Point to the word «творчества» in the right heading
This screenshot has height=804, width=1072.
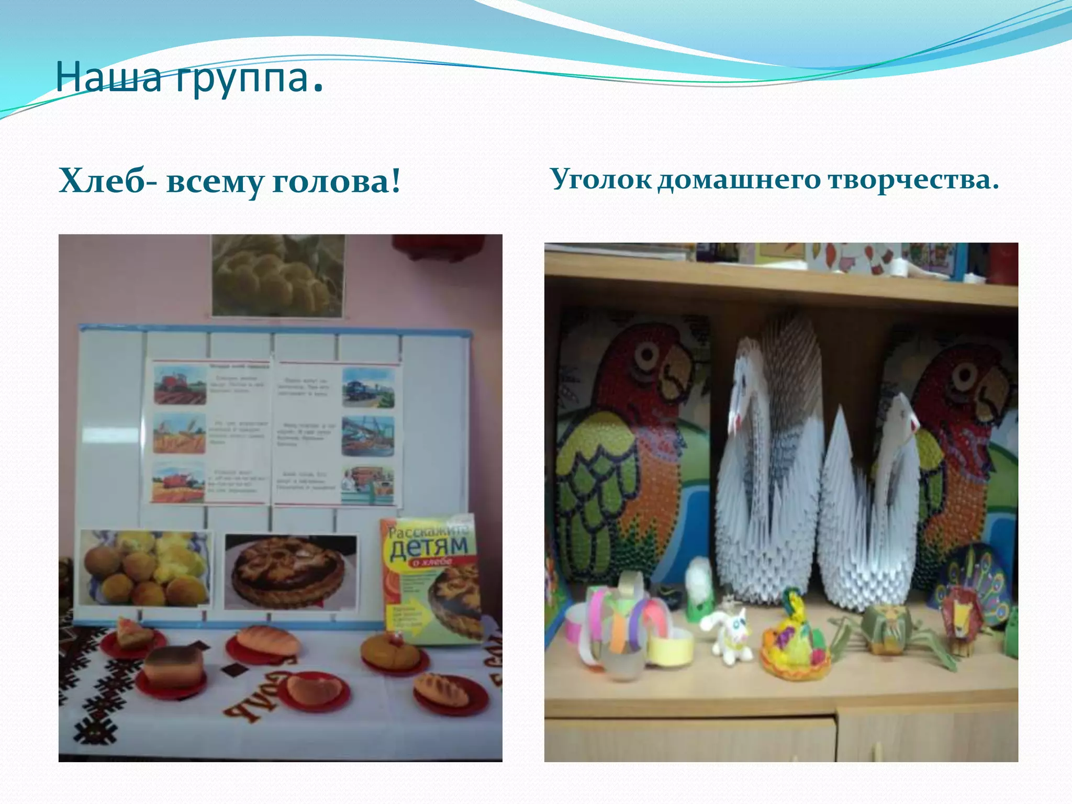913,179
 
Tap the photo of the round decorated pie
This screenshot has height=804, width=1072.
289,572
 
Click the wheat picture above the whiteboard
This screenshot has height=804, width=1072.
277,275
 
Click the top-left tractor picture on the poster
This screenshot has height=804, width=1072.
180,384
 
